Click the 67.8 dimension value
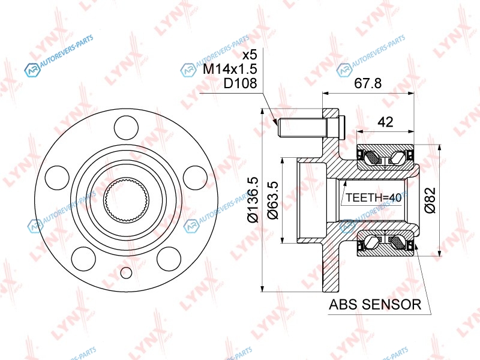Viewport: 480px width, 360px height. (x=368, y=83)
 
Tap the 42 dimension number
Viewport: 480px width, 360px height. (x=385, y=122)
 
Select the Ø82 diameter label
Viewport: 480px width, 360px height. (x=430, y=200)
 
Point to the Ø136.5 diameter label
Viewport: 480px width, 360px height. (x=253, y=200)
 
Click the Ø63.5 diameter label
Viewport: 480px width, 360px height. (x=273, y=200)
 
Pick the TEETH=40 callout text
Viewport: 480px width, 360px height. (x=373, y=197)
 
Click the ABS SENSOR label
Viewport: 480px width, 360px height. (x=375, y=304)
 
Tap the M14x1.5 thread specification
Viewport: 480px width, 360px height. (x=230, y=69)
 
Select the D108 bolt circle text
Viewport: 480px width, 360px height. (x=240, y=83)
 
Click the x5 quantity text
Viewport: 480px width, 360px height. (x=250, y=55)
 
